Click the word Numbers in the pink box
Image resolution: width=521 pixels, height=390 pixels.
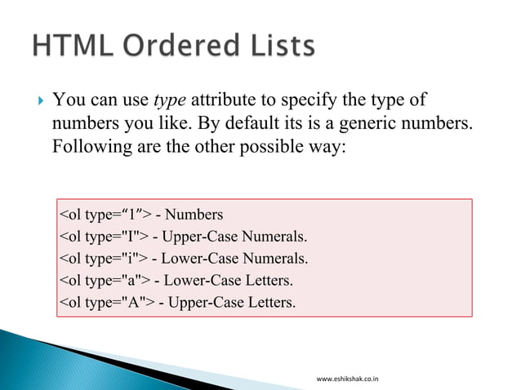[194, 215]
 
